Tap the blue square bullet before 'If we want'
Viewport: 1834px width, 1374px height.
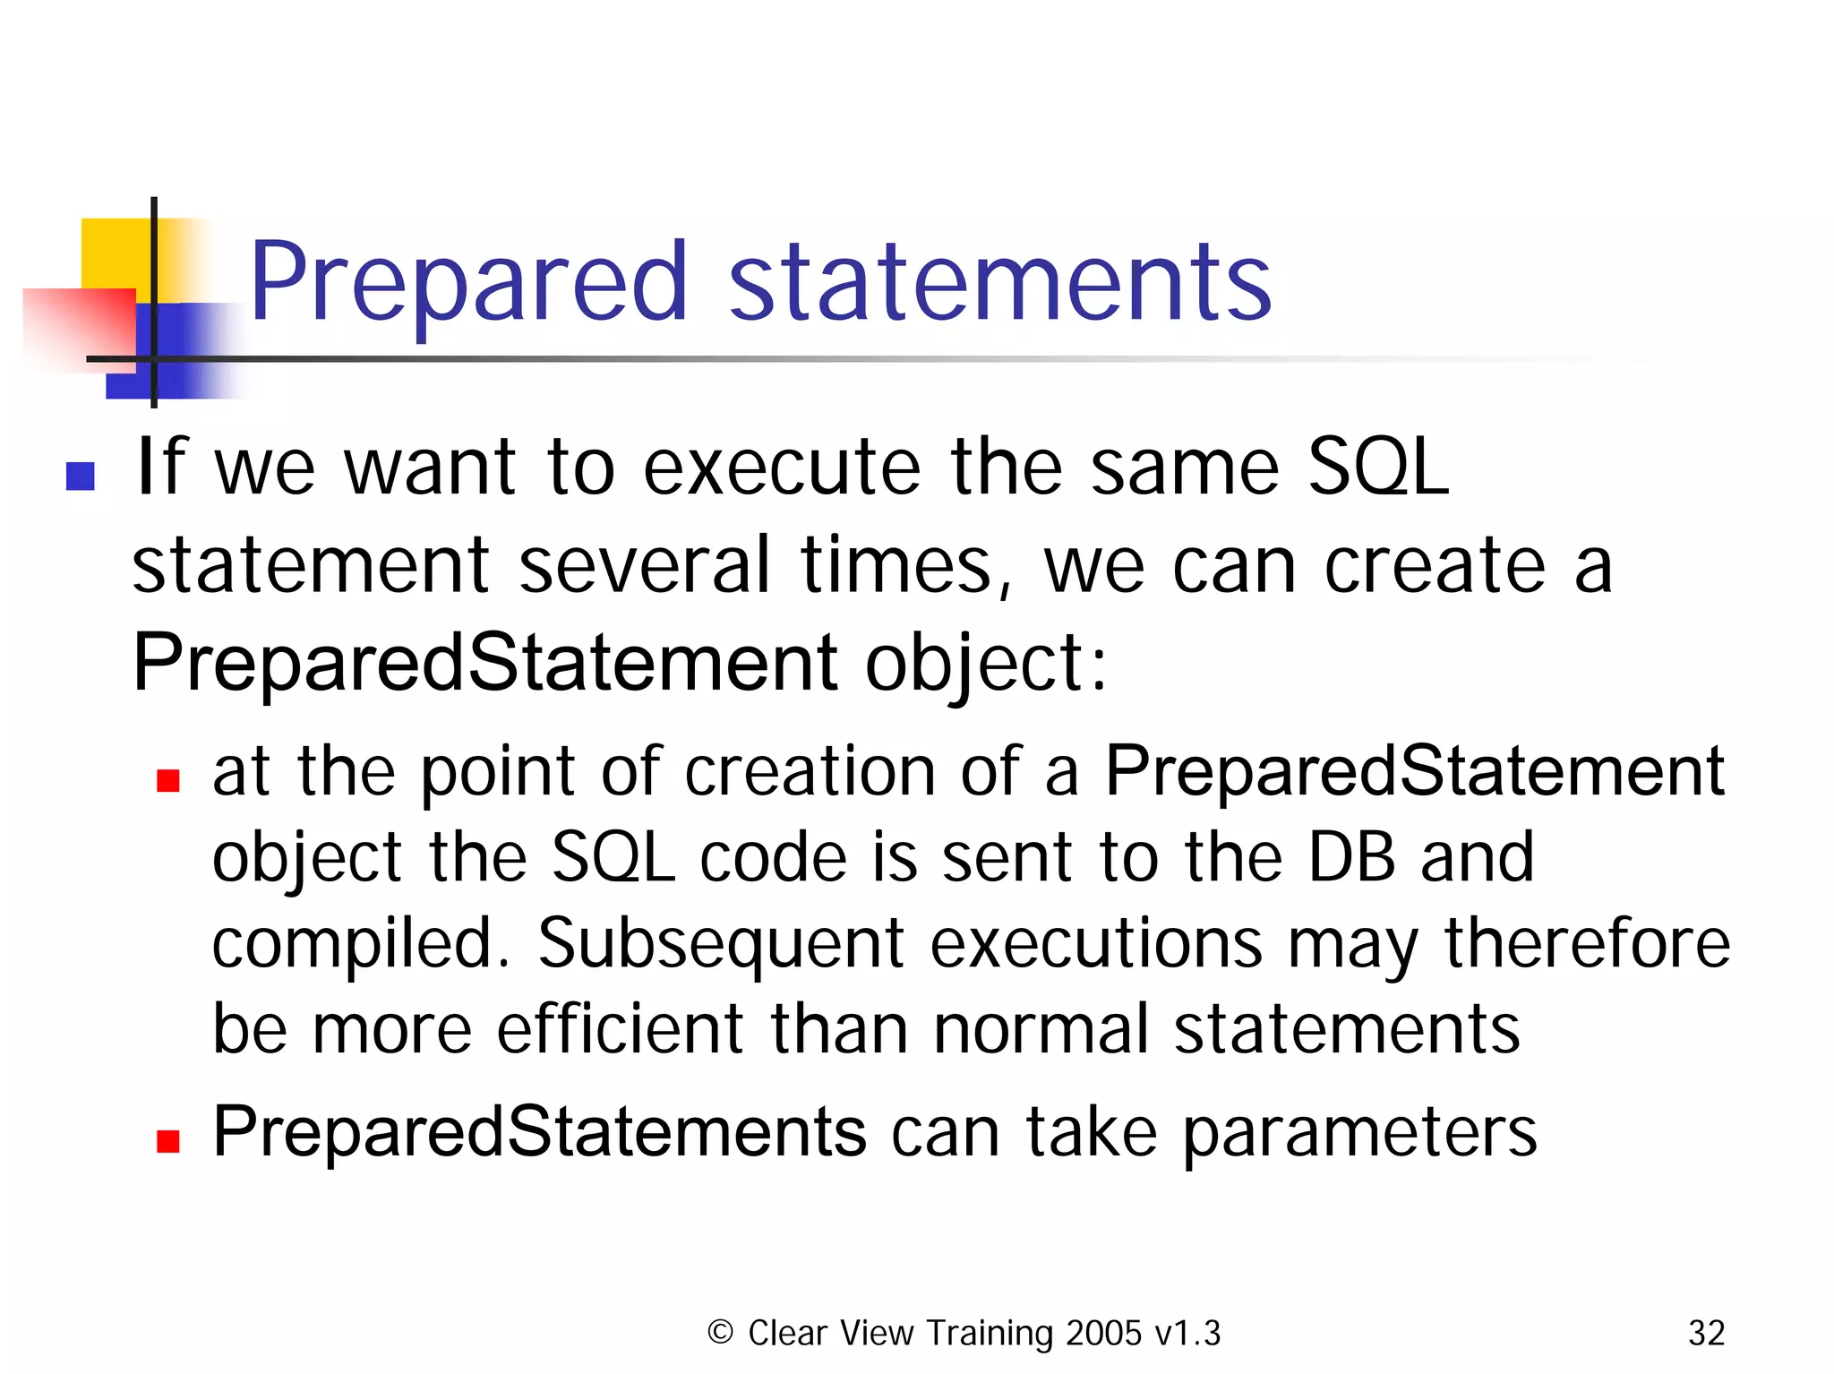click(x=81, y=476)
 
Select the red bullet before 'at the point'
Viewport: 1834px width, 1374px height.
click(x=168, y=781)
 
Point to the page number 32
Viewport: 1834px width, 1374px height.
click(x=1706, y=1334)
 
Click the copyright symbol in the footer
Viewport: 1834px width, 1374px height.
click(x=720, y=1332)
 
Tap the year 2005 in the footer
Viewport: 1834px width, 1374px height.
click(x=1104, y=1334)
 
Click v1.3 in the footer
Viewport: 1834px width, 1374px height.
click(x=1187, y=1334)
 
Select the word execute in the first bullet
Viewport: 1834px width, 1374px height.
click(x=781, y=468)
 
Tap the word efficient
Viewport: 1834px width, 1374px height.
click(x=620, y=1029)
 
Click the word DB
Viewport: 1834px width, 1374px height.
click(x=1351, y=857)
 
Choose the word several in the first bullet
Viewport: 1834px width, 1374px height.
click(x=643, y=566)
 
